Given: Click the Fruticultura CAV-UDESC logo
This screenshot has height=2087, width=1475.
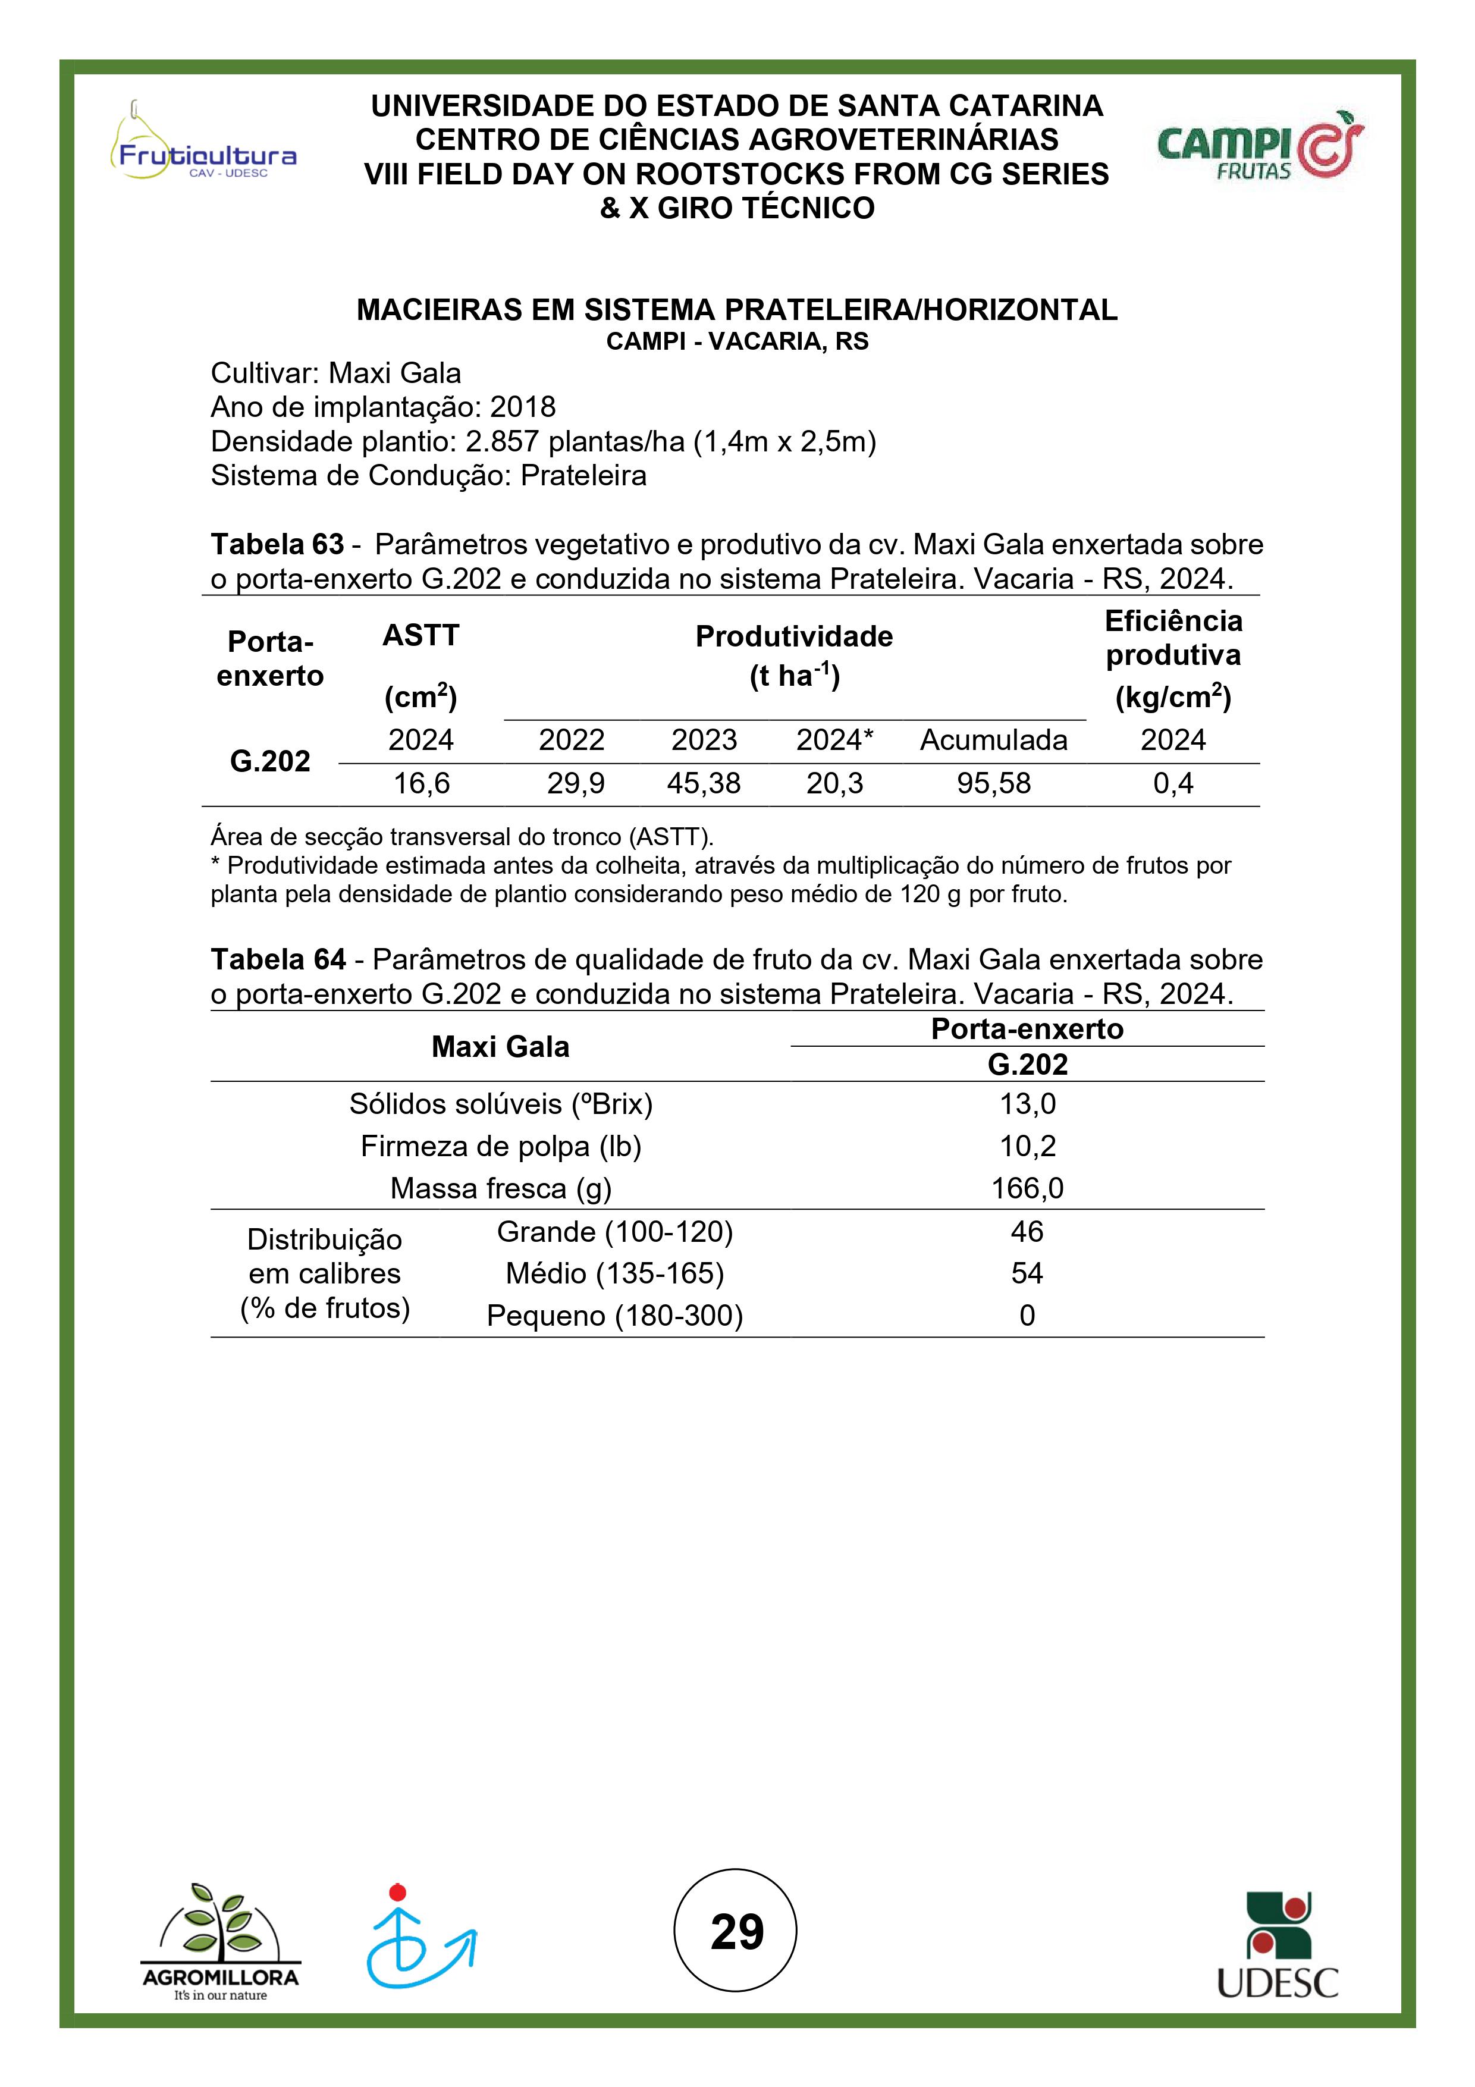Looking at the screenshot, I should coord(203,146).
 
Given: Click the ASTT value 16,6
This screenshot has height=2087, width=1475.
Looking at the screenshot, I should coord(420,783).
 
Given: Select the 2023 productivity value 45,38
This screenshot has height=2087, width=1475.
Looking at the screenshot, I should coord(704,783).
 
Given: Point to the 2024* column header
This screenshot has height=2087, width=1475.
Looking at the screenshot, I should coord(834,740).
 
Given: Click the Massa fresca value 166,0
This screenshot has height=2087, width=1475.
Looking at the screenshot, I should coord(1027,1188).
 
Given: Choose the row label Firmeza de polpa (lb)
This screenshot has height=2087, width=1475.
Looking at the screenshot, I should coord(501,1146).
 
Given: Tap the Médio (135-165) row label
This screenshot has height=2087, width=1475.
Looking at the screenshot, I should coord(614,1273).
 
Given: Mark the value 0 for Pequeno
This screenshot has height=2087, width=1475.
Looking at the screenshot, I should coord(1027,1315).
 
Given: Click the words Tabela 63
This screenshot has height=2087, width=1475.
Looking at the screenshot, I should coord(277,544).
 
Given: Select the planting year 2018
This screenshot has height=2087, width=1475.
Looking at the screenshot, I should coord(523,407).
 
